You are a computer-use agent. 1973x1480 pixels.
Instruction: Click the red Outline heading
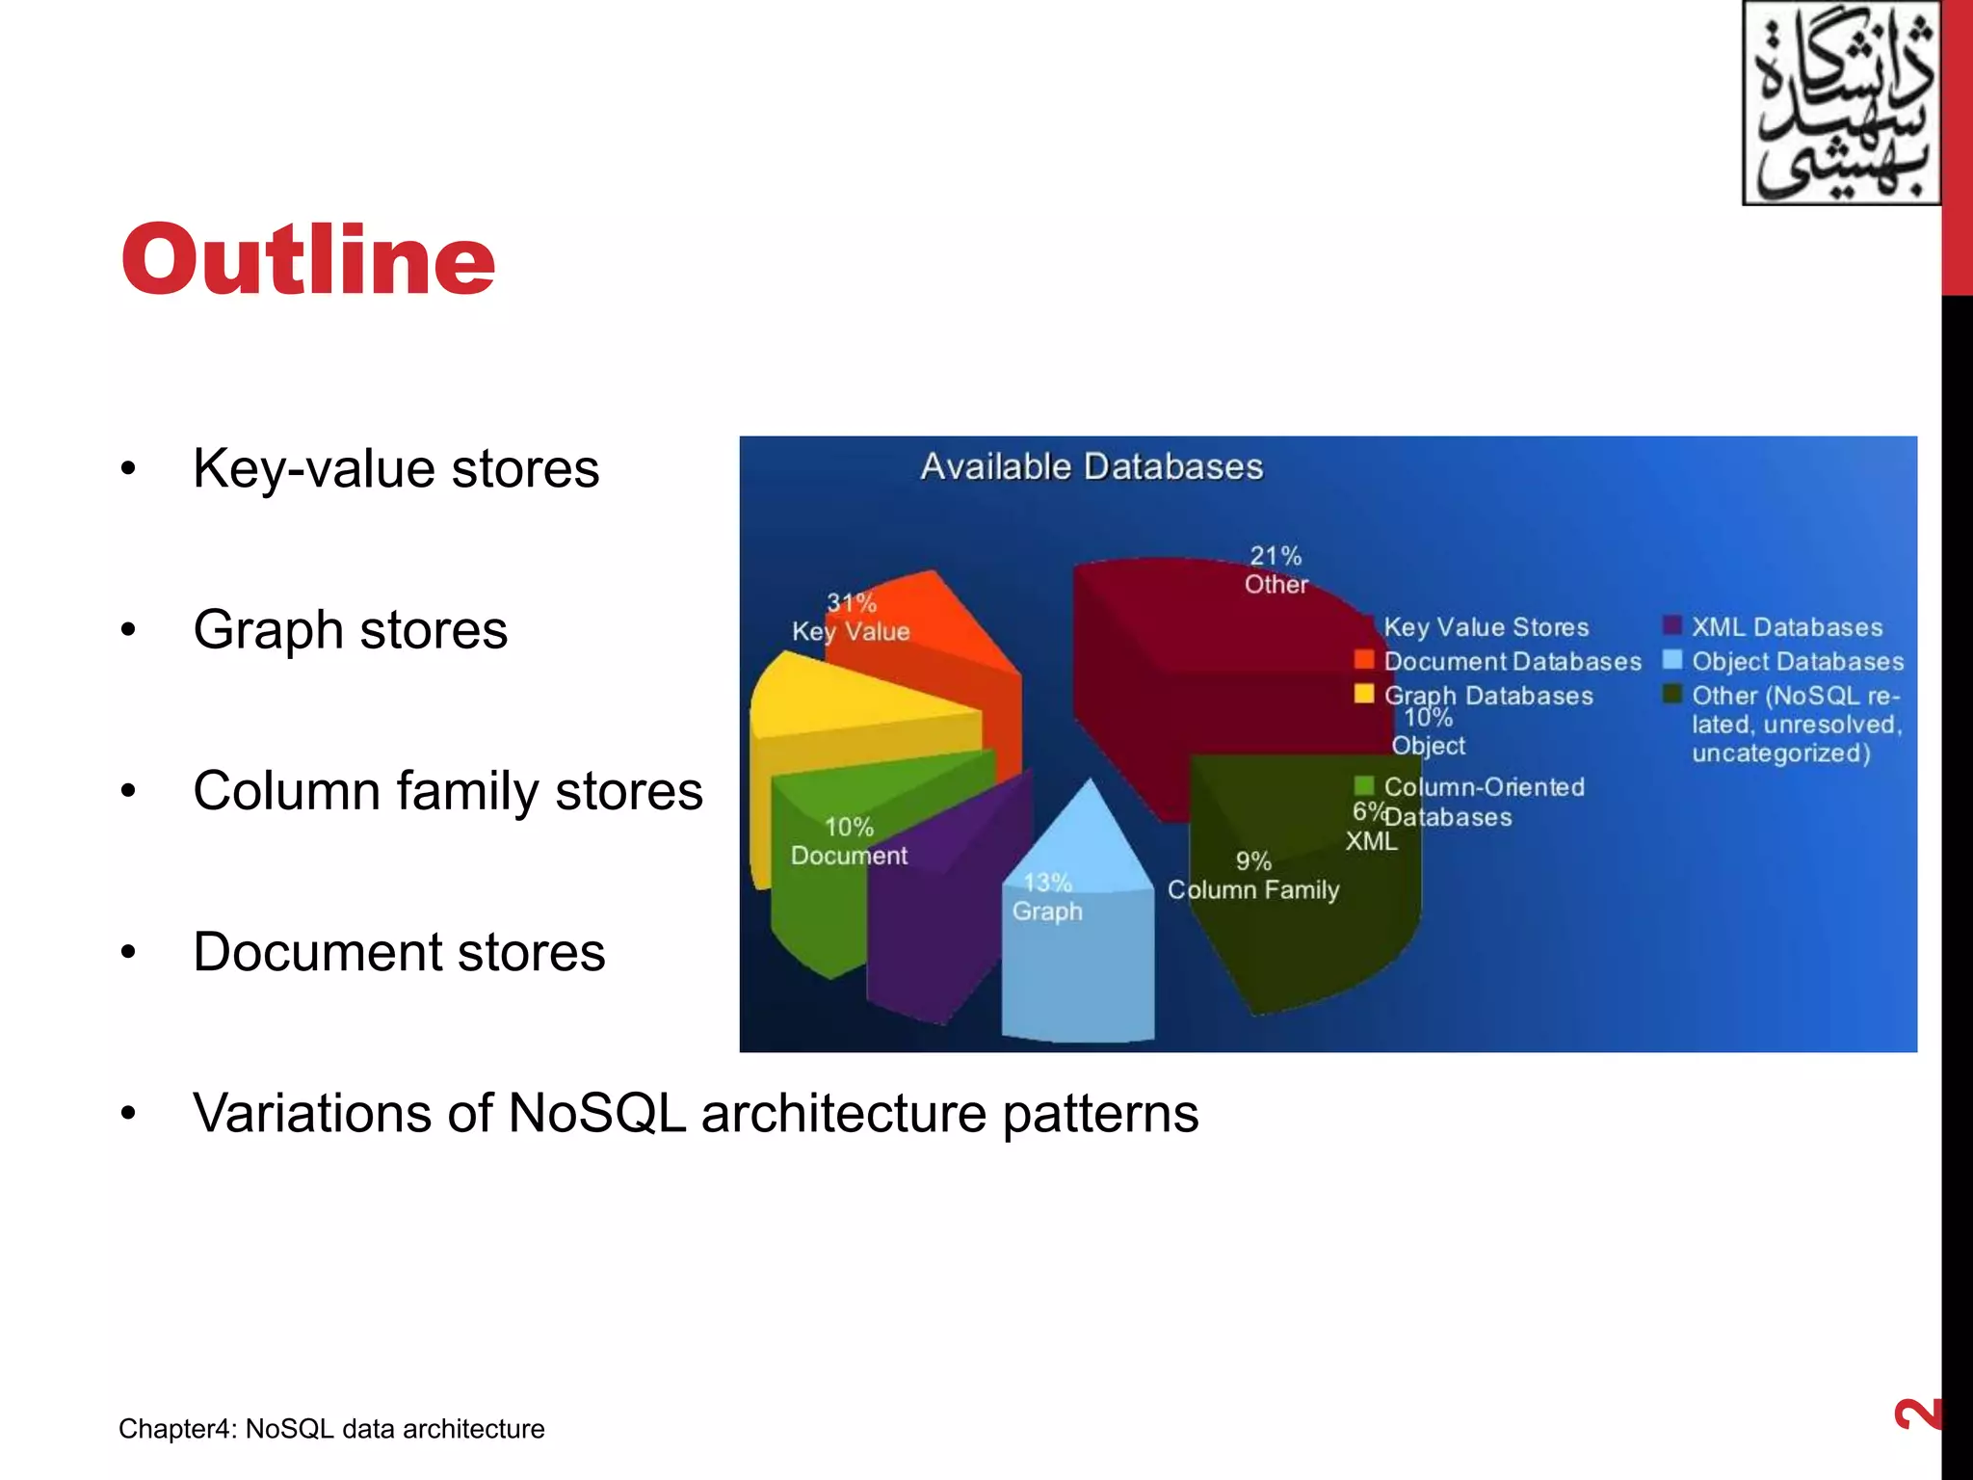coord(308,260)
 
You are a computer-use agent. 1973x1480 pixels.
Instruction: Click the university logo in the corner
coord(1840,103)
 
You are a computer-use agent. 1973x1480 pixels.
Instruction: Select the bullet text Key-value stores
coord(396,469)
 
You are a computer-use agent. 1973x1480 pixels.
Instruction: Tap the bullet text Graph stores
coord(350,630)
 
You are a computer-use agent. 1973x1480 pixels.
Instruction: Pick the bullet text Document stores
coord(399,952)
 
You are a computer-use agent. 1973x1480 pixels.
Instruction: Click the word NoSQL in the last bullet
coord(596,1113)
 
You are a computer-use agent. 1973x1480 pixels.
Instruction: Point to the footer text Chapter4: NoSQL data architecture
coord(331,1428)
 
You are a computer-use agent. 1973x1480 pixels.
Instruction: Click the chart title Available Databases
coord(1092,466)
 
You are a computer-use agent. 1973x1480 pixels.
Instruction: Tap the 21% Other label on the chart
coord(1276,570)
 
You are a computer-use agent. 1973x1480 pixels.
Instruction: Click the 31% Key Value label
coord(852,618)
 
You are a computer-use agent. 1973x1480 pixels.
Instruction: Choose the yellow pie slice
coord(848,703)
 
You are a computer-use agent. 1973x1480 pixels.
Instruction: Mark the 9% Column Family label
coord(1253,876)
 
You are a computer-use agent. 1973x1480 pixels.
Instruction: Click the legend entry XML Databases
coord(1786,627)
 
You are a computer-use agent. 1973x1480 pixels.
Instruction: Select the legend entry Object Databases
coord(1798,662)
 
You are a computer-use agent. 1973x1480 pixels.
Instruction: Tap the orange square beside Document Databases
coord(1363,660)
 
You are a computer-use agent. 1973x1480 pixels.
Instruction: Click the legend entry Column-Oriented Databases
coord(1482,802)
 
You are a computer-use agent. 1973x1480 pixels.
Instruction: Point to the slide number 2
coord(1917,1414)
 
